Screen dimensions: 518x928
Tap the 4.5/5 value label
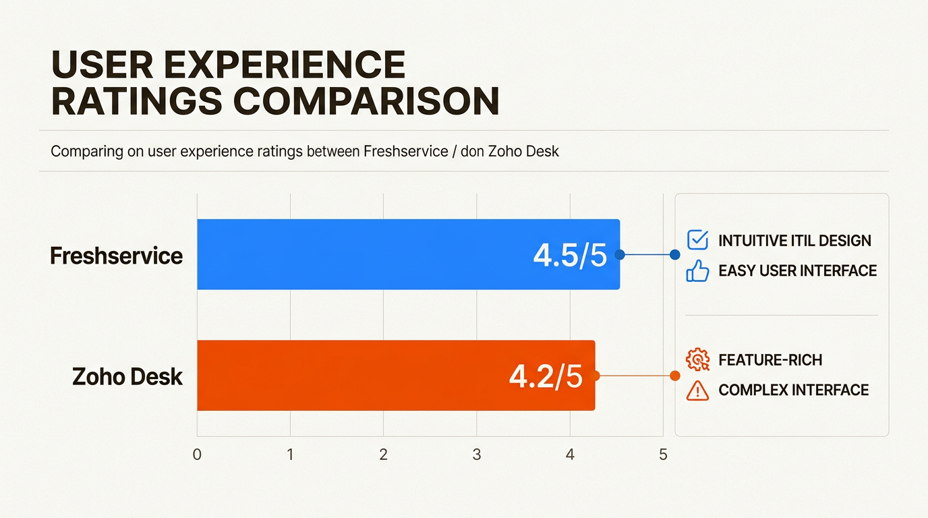(570, 256)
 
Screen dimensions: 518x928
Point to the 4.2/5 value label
(545, 377)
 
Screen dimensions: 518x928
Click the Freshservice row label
(117, 256)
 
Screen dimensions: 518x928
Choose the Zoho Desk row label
(127, 376)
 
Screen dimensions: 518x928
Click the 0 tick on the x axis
(197, 455)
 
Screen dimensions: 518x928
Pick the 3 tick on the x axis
(477, 455)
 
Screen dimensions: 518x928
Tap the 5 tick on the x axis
(663, 455)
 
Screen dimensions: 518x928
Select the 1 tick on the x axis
(290, 455)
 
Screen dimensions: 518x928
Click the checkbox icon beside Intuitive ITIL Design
(697, 239)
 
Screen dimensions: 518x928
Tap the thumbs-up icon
(697, 271)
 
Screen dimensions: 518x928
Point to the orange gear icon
(697, 359)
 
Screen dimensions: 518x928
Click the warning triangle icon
(697, 390)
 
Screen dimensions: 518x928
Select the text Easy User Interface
(797, 271)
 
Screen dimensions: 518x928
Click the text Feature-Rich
(770, 360)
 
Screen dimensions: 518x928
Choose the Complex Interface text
(793, 390)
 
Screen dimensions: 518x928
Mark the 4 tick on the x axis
(570, 455)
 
